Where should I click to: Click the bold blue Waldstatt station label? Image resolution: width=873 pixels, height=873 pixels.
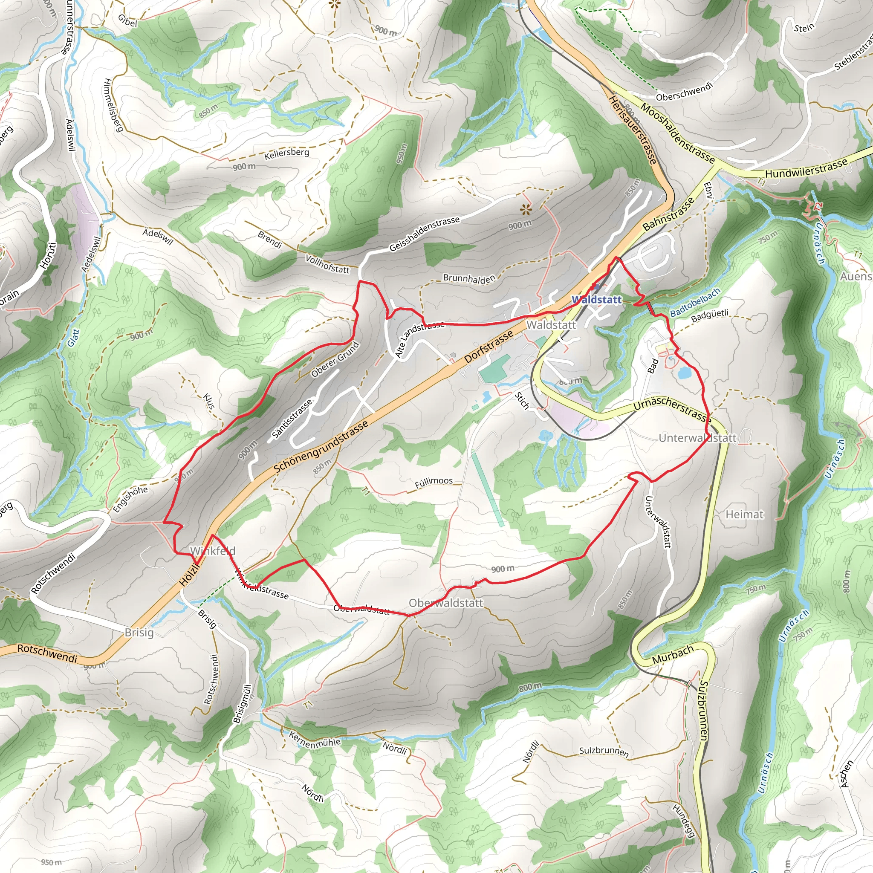coord(596,300)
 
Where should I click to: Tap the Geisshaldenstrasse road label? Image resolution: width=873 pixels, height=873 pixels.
coord(424,233)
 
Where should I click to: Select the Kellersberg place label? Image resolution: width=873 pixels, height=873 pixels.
coord(287,153)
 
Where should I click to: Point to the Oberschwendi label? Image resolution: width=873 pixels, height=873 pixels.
coord(684,91)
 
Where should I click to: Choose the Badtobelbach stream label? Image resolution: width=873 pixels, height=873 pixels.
coord(695,302)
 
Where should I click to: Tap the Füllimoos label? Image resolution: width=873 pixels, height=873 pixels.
coord(434,481)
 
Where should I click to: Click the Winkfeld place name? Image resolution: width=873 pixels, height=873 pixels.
coord(212,551)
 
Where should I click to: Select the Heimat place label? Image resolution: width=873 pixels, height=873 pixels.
coord(745,514)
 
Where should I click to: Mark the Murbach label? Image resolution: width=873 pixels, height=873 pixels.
coord(672,655)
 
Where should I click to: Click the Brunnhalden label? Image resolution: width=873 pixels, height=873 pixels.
coord(469,278)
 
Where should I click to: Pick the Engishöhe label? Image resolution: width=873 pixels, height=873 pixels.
coord(130,499)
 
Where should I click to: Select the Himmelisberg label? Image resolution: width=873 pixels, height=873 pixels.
coord(113,105)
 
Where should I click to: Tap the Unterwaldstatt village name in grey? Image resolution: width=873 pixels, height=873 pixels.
coord(698,438)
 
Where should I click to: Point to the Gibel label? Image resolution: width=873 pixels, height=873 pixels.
coord(127,20)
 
